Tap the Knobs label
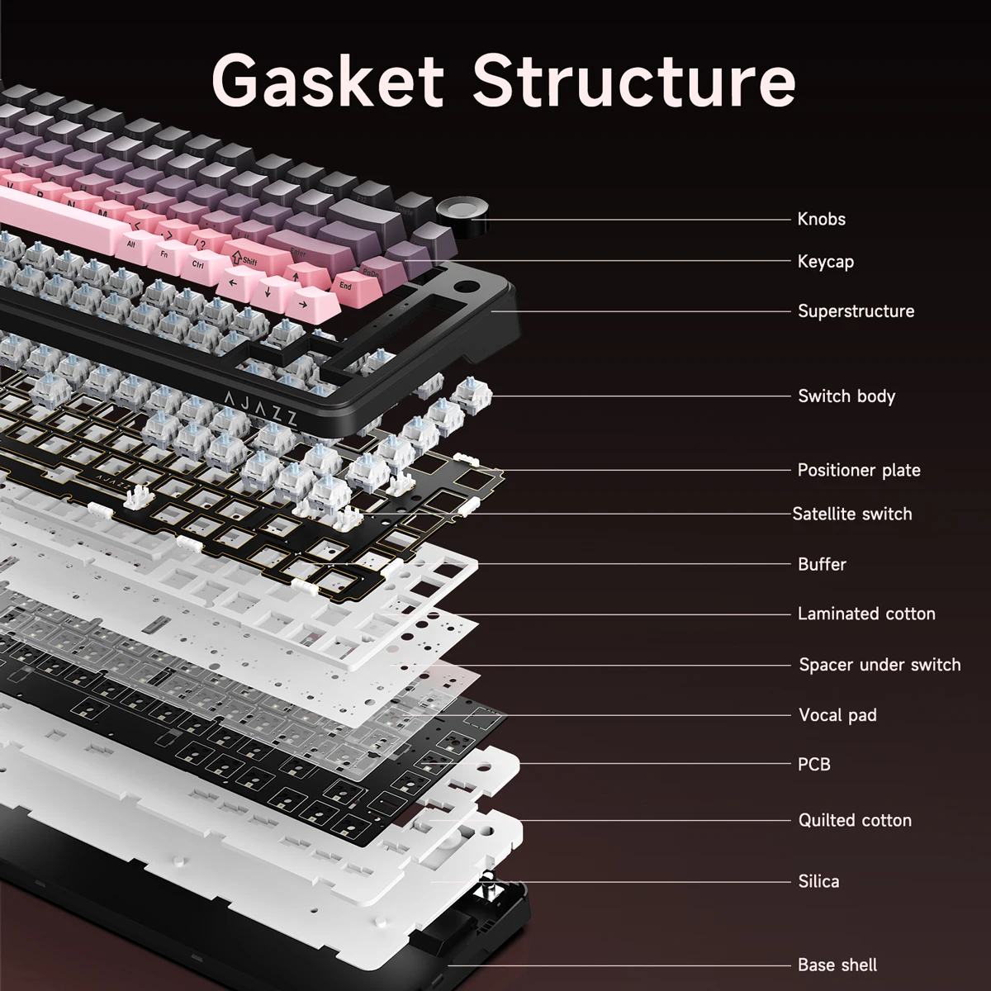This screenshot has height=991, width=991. pos(821,219)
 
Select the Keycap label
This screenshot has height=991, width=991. pos(825,262)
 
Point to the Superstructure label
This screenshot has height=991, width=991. pos(856,311)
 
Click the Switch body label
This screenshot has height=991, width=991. pos(846,396)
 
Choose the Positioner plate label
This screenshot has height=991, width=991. pos(858,471)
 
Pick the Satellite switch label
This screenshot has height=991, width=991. pos(851,514)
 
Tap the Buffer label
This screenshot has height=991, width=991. pos(822,564)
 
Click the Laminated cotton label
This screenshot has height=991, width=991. pos(865,614)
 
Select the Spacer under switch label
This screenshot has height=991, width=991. pos(879,665)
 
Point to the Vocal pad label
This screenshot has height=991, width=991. pos(837,715)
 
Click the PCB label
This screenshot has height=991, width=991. pos(813,764)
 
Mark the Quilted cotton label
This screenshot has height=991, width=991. pos(854,820)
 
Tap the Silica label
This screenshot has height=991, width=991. pos(818,881)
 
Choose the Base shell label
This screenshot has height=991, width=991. pos(837,965)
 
